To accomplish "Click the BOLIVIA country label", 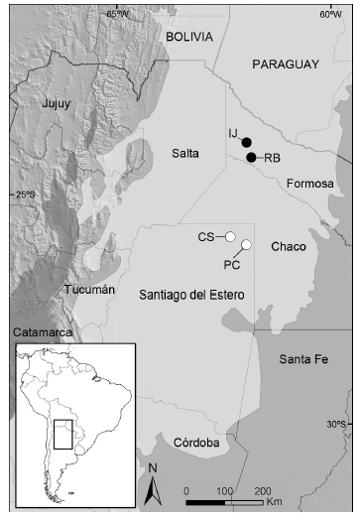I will [x=189, y=36].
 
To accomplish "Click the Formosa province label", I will [x=307, y=185].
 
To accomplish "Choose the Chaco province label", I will [x=288, y=246].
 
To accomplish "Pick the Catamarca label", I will [x=43, y=332].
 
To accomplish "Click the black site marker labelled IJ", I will [x=247, y=142].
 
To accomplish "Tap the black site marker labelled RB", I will [x=252, y=158].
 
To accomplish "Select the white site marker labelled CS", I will [x=230, y=237].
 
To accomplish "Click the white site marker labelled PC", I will [x=246, y=245].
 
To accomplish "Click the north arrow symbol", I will [x=153, y=487].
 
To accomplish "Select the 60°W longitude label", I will [x=330, y=14].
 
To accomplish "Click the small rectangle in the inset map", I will [x=63, y=434].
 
